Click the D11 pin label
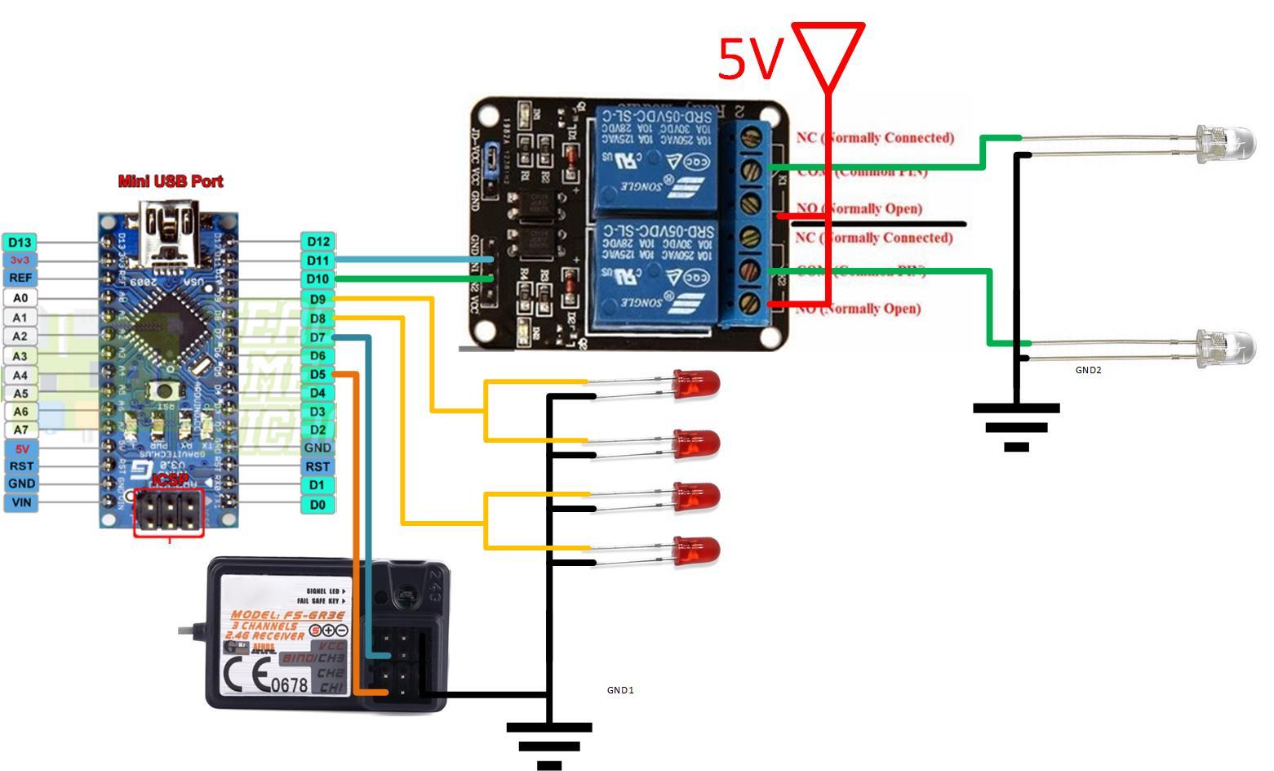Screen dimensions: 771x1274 [x=317, y=261]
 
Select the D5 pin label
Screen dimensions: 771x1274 [x=317, y=375]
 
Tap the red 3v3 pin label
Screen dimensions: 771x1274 [x=20, y=260]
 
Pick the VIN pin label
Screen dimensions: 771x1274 [x=21, y=502]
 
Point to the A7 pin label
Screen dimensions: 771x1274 [x=20, y=430]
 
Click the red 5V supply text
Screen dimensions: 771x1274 [x=750, y=59]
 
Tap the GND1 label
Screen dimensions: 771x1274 [x=620, y=690]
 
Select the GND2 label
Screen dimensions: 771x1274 [x=1088, y=370]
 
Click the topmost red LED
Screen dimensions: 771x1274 [x=695, y=382]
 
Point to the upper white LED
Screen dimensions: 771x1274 [x=1224, y=142]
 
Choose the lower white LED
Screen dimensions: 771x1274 [x=1224, y=348]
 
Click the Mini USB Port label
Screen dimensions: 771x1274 [x=171, y=181]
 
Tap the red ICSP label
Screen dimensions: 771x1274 [x=170, y=479]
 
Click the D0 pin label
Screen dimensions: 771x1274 [x=317, y=505]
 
